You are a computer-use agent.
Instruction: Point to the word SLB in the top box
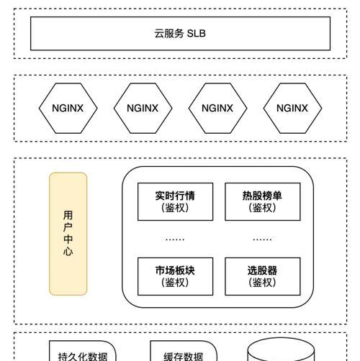coord(196,34)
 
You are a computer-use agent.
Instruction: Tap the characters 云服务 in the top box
coord(169,34)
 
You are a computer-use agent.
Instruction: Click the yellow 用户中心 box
coord(68,234)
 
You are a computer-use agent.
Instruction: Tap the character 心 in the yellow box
coord(68,252)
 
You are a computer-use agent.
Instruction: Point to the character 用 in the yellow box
coord(68,215)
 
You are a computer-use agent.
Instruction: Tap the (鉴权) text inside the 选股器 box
coord(262,283)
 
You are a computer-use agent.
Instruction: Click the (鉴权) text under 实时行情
coord(175,208)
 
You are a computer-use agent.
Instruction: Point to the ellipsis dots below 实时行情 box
coord(175,239)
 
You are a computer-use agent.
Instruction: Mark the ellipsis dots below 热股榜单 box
coord(262,239)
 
